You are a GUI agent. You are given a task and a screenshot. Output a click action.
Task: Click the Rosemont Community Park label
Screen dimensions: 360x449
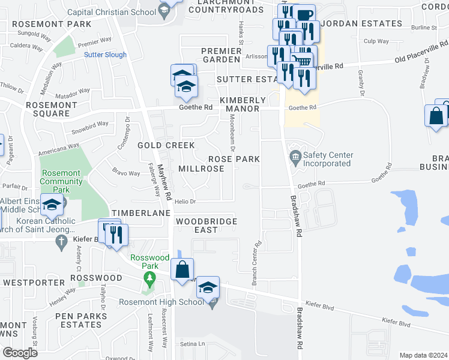[x=61, y=181]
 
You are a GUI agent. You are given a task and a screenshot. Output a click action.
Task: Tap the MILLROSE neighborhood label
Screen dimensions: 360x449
[x=201, y=169]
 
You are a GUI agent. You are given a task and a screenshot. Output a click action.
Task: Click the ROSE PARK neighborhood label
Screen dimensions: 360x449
[x=234, y=159]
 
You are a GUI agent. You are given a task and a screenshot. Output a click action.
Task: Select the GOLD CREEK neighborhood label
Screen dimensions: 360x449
[x=166, y=146]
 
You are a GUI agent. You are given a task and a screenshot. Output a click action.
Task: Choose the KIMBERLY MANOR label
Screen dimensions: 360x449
[x=243, y=104]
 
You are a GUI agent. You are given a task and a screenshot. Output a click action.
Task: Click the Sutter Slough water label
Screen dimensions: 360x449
[x=105, y=55]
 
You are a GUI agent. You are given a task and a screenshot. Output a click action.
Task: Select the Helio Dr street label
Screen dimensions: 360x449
[x=185, y=202]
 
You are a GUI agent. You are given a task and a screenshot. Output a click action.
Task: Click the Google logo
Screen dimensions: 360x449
[x=20, y=353]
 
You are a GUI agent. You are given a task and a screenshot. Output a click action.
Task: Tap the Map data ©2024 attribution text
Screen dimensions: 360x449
[x=423, y=355]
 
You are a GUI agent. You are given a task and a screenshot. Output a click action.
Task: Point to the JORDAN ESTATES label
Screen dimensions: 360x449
[x=363, y=23]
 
